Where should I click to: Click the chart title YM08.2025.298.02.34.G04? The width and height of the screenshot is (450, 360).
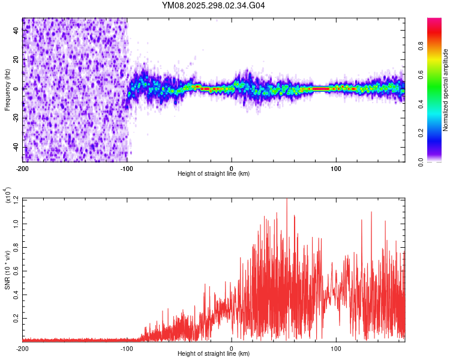pos(214,6)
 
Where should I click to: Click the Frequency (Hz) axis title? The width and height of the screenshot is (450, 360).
pos(7,90)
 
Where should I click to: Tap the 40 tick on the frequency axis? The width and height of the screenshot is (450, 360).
pos(16,30)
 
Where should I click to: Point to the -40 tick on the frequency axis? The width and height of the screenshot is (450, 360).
pos(16,146)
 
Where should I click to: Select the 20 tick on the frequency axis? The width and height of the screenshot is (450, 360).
pos(16,59)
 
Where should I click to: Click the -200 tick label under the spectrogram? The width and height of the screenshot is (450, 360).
pos(22,167)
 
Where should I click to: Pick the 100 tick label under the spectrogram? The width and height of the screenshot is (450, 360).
pos(337,167)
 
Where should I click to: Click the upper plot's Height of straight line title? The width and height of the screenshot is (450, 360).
pos(214,173)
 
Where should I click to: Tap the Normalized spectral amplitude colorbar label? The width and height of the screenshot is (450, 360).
pos(446,90)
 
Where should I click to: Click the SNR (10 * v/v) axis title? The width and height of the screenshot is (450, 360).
pos(7,270)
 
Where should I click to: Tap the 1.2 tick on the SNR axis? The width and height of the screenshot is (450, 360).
pos(16,199)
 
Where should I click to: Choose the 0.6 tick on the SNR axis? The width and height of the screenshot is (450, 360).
pos(16,270)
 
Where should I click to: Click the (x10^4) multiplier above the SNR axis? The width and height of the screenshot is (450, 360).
pos(7,196)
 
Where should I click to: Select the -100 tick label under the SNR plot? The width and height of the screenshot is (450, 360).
pos(127,348)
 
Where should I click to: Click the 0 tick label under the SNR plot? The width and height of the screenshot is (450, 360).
pos(232,348)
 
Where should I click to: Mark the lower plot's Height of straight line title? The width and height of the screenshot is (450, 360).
pos(214,354)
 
